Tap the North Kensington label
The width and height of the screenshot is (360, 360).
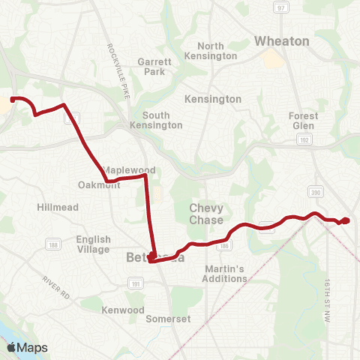216,51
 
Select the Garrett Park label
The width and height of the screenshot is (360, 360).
155,67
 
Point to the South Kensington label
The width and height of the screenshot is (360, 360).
162,120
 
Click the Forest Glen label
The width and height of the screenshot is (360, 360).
304,121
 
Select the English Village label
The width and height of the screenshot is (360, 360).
93,244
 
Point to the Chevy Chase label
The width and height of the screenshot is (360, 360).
206,214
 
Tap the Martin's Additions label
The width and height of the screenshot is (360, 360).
224,274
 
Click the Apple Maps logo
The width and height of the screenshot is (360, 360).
27,346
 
